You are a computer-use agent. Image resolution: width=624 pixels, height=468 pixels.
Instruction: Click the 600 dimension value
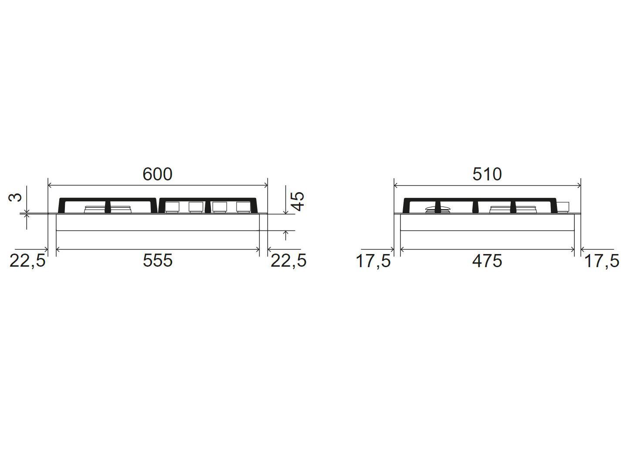click(157, 174)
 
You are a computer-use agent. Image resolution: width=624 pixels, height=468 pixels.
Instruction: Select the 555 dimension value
click(157, 260)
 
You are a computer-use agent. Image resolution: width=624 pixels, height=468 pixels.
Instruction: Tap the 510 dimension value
click(487, 174)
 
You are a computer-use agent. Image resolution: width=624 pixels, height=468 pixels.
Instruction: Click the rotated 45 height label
click(298, 201)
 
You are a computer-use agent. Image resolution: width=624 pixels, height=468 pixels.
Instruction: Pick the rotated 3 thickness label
click(15, 197)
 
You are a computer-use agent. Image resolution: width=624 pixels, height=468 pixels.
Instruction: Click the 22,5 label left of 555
click(27, 261)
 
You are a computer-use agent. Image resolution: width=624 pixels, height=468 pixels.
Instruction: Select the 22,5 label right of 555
click(288, 261)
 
